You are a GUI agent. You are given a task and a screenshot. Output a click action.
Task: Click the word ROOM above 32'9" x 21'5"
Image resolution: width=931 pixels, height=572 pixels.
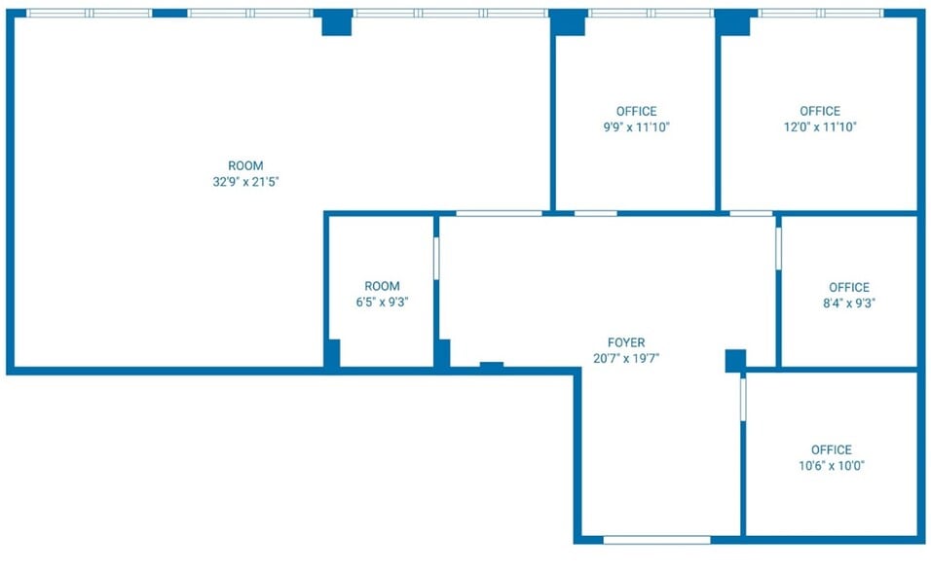[245, 165]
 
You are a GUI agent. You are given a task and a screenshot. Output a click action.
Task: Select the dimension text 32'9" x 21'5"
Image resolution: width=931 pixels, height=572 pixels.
[245, 182]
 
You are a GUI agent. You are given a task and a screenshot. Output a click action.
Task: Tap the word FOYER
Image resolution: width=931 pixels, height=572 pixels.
[626, 342]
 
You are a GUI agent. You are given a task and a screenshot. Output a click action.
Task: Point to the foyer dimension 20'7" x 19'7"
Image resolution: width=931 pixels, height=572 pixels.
[626, 358]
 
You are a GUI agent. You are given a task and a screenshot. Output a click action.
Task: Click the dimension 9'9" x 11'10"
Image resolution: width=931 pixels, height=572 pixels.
[637, 126]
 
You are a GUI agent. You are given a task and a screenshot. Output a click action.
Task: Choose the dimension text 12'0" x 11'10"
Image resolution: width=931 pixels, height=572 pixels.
[820, 126]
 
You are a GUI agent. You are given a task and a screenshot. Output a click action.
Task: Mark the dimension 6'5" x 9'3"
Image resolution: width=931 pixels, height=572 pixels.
[382, 302]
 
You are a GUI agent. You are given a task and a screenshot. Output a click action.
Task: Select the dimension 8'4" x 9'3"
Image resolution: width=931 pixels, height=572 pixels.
[849, 303]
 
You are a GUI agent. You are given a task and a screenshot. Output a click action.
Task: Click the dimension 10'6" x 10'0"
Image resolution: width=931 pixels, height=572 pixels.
[832, 465]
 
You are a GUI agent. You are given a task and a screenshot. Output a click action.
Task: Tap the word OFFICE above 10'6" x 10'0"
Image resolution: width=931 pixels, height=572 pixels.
[832, 449]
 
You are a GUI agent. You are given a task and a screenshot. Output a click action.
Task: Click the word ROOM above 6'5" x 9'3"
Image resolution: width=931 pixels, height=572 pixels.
[382, 286]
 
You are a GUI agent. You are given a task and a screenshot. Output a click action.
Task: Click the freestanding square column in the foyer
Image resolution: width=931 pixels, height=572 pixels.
[735, 361]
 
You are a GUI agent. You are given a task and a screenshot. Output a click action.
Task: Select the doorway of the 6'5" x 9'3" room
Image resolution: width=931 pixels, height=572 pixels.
[436, 258]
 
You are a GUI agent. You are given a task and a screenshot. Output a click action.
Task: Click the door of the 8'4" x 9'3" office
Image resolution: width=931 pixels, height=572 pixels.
[778, 249]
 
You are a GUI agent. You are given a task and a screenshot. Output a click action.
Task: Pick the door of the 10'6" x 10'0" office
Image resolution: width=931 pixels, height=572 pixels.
[743, 400]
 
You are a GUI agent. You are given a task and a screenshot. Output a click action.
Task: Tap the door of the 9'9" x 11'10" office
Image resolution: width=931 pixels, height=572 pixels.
[596, 213]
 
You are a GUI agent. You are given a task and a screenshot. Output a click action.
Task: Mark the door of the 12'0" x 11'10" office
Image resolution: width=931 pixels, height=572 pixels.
[751, 213]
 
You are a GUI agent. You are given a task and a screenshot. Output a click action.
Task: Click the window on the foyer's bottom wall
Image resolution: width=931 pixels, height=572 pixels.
[656, 540]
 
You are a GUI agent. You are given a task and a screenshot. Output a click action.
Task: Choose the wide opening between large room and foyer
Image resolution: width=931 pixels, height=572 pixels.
[499, 213]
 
